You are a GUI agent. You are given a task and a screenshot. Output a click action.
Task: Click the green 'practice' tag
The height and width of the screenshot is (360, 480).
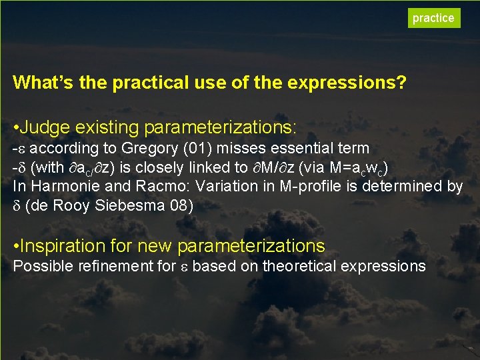click(433, 18)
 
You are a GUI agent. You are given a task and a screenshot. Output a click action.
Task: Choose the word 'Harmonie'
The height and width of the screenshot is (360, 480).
click(58, 187)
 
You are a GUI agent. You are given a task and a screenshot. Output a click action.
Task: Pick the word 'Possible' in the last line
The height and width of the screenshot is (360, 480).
click(40, 267)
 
